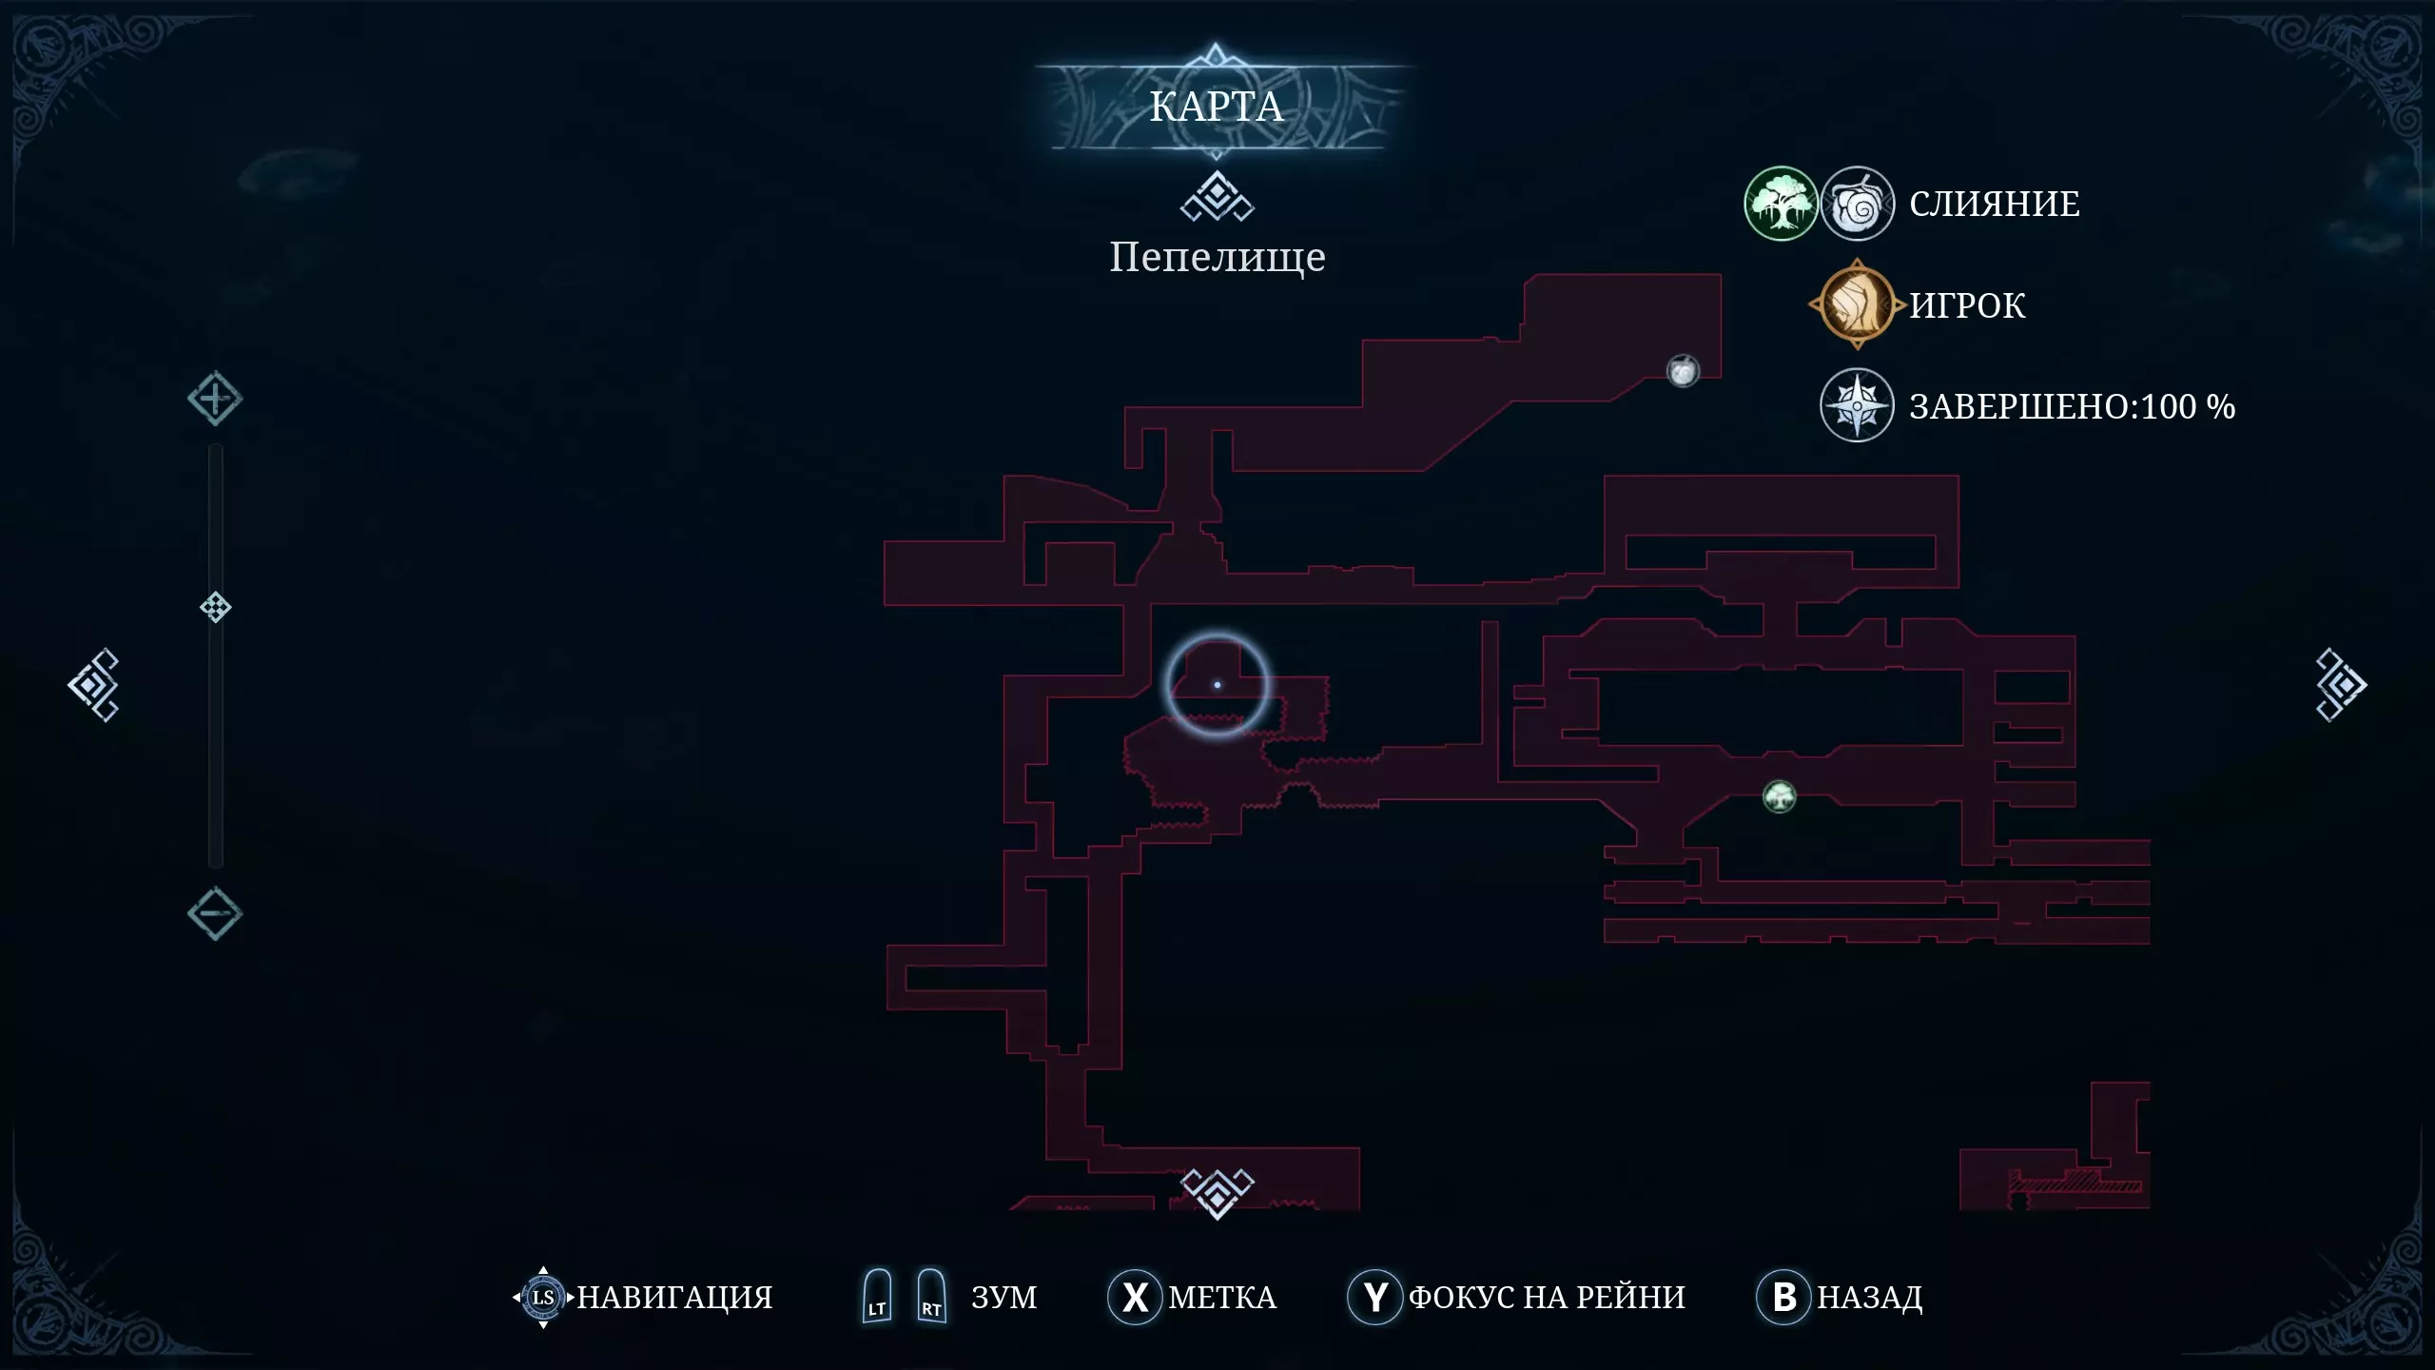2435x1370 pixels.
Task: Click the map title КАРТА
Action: coord(1217,107)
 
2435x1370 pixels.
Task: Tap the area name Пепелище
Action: coord(1217,257)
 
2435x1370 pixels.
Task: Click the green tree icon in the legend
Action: coord(1781,204)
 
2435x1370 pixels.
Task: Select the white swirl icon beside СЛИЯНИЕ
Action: coord(1857,204)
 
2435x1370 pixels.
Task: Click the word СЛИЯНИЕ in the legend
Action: coord(1995,204)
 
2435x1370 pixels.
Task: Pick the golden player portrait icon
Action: coord(1857,304)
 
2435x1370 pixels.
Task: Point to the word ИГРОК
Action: coord(1967,305)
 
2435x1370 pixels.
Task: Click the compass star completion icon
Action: coord(1857,405)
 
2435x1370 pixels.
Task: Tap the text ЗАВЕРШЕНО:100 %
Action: coord(2073,406)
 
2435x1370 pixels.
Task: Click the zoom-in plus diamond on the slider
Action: coord(215,399)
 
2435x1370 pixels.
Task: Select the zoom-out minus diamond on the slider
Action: coord(215,914)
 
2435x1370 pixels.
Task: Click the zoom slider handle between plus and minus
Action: coord(216,607)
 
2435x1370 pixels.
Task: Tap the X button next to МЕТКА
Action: coord(1135,1297)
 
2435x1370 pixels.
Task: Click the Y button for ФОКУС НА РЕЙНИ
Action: coord(1375,1297)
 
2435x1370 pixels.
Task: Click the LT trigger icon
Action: coord(877,1296)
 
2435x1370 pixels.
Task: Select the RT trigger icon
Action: coord(931,1296)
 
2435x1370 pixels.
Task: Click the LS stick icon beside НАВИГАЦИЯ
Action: coord(543,1297)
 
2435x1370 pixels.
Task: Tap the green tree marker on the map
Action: coord(1780,796)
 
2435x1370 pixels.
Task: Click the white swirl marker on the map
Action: coord(1683,371)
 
